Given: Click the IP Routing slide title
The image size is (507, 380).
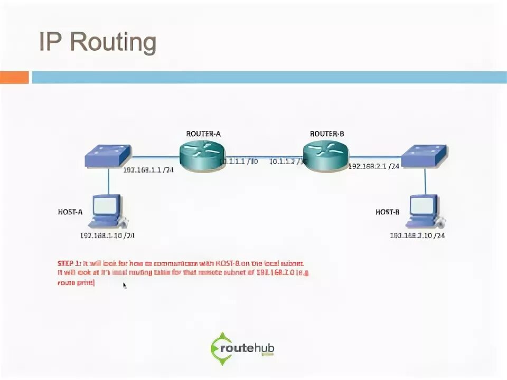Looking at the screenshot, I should [98, 43].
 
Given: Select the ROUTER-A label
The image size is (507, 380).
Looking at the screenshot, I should [203, 134].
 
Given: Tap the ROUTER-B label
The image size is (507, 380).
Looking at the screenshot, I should [327, 134].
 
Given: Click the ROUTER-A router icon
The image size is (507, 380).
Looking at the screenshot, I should [202, 155].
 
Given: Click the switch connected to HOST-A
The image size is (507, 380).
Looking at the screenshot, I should [108, 156].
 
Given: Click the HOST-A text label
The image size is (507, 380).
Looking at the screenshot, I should [70, 212].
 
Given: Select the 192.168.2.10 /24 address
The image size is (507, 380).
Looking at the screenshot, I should [417, 235].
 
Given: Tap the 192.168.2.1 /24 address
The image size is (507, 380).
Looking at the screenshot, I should [373, 166].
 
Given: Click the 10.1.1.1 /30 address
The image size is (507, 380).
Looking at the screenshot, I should [238, 161].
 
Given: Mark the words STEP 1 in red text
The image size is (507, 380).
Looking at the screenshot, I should [69, 263].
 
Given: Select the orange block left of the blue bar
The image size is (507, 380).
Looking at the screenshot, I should [14, 78].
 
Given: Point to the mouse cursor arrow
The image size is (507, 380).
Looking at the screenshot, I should [125, 286].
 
